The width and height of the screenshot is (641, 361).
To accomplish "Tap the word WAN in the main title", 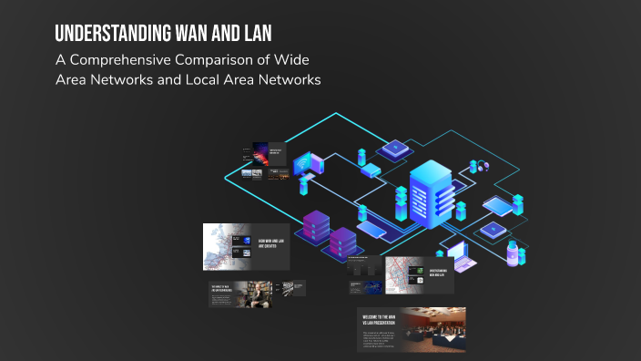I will click(x=186, y=34).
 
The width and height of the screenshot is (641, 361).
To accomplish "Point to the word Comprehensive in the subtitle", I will click(x=122, y=60).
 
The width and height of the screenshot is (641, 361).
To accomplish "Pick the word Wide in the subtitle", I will click(x=298, y=60).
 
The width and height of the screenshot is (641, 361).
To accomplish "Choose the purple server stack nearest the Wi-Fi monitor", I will click(x=315, y=228).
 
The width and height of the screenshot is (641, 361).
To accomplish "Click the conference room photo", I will click(x=433, y=329).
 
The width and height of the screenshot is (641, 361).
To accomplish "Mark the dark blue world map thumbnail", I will click(x=372, y=287).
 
